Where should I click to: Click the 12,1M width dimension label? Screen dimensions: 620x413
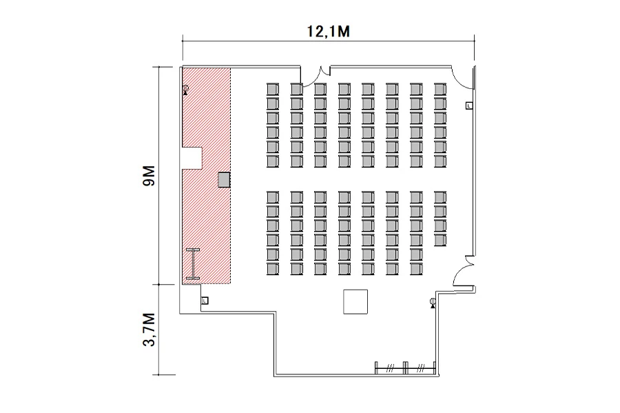click(328, 31)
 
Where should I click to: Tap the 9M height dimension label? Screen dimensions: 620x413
click(149, 176)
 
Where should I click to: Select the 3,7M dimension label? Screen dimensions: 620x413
click(149, 330)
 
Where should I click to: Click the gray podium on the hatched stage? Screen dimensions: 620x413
click(224, 179)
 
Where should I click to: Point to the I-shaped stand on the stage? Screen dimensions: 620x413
click(193, 264)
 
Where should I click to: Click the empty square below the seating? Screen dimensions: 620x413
click(355, 301)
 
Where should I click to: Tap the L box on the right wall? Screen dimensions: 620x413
click(469, 105)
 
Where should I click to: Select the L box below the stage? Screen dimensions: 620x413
click(205, 301)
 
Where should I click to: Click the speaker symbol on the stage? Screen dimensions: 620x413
click(185, 90)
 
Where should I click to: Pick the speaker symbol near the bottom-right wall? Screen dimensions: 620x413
click(433, 303)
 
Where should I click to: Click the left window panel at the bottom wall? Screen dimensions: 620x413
click(389, 368)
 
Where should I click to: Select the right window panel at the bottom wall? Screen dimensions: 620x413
click(420, 368)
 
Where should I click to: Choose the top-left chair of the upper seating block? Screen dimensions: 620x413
click(272, 89)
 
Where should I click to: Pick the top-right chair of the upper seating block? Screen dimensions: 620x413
click(440, 89)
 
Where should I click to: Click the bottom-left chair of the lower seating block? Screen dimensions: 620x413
click(272, 269)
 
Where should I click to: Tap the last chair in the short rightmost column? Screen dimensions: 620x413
click(440, 240)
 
